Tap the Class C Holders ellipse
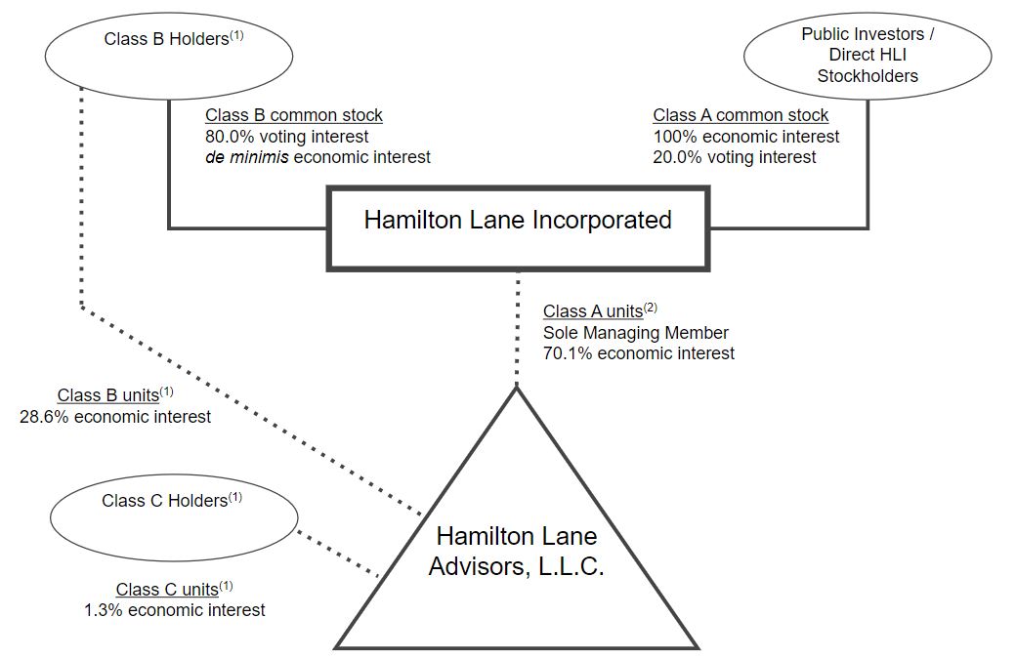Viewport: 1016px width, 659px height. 172,512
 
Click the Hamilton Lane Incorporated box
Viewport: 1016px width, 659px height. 518,221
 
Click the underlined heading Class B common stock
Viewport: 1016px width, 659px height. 294,115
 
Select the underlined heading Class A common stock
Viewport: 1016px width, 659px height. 741,115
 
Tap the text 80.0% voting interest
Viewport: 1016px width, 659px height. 286,137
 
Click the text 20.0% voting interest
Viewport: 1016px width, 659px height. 735,157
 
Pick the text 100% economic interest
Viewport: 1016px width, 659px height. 746,137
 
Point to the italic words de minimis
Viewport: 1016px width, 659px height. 246,157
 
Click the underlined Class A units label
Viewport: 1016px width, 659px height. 593,311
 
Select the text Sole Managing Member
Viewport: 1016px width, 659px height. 636,333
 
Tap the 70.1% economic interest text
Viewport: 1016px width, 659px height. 639,353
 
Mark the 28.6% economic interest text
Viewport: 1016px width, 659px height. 115,417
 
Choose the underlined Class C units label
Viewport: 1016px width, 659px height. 166,589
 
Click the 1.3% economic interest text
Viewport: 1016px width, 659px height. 174,610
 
